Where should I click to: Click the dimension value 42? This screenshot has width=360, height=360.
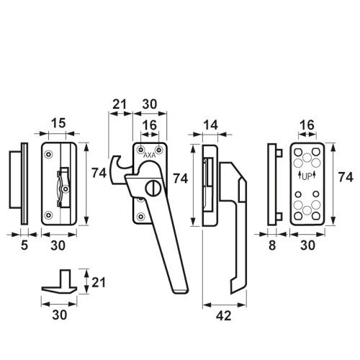click(223, 315)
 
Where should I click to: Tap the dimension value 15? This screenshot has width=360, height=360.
click(58, 123)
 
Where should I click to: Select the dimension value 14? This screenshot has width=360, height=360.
click(210, 125)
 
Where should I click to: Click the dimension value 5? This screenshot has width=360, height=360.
click(24, 246)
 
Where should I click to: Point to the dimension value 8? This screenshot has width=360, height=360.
click(272, 246)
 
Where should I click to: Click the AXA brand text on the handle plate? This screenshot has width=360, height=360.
click(149, 156)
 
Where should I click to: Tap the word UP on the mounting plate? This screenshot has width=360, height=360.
click(307, 177)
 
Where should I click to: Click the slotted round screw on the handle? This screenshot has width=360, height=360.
click(153, 188)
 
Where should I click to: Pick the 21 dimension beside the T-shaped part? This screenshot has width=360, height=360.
click(99, 282)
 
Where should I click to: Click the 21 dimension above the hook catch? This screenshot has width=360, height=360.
click(120, 104)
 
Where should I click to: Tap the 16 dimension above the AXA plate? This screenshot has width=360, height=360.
click(149, 125)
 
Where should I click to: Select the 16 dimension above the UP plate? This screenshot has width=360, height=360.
click(307, 125)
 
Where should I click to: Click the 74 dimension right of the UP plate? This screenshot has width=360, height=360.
click(346, 177)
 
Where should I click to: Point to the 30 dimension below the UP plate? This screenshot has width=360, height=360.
click(307, 246)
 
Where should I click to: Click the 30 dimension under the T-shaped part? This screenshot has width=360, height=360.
click(59, 315)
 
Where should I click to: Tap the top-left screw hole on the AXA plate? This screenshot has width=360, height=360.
click(140, 150)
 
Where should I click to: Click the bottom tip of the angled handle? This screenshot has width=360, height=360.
click(181, 292)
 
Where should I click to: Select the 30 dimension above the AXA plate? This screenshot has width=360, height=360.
click(150, 104)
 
